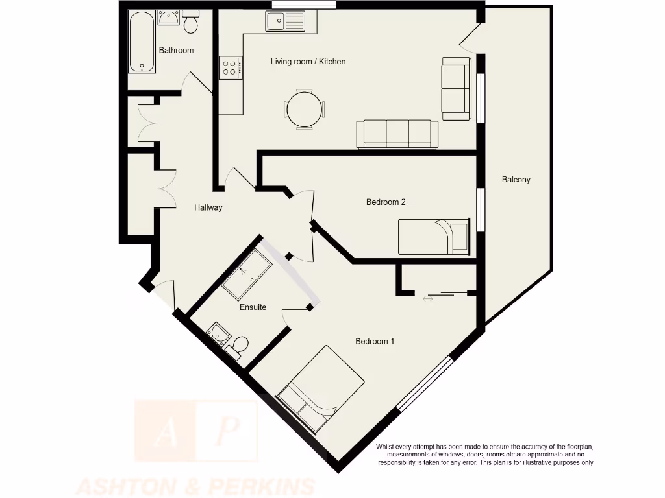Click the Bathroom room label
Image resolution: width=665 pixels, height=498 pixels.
click(x=176, y=51)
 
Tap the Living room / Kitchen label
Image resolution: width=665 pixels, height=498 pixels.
click(x=308, y=62)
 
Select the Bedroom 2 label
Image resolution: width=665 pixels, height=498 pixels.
click(x=386, y=202)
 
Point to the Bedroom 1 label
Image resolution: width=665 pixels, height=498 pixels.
click(x=375, y=342)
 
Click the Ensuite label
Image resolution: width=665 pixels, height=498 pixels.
click(x=253, y=307)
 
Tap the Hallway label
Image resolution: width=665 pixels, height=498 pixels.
click(x=208, y=208)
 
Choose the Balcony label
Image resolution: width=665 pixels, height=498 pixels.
click(x=516, y=180)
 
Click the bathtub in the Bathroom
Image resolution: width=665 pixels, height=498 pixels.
click(x=142, y=41)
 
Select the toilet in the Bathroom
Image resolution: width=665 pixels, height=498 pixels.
click(x=191, y=23)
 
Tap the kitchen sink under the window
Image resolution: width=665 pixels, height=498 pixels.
click(x=290, y=21)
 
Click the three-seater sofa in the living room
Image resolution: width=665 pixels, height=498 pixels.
click(x=397, y=134)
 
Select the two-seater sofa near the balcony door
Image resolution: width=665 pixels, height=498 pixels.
click(x=455, y=88)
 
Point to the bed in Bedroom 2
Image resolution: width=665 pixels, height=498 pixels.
click(x=433, y=237)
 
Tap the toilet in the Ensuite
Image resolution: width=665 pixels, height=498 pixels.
click(x=238, y=344)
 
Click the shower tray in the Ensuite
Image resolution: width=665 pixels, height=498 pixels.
click(x=247, y=275)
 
